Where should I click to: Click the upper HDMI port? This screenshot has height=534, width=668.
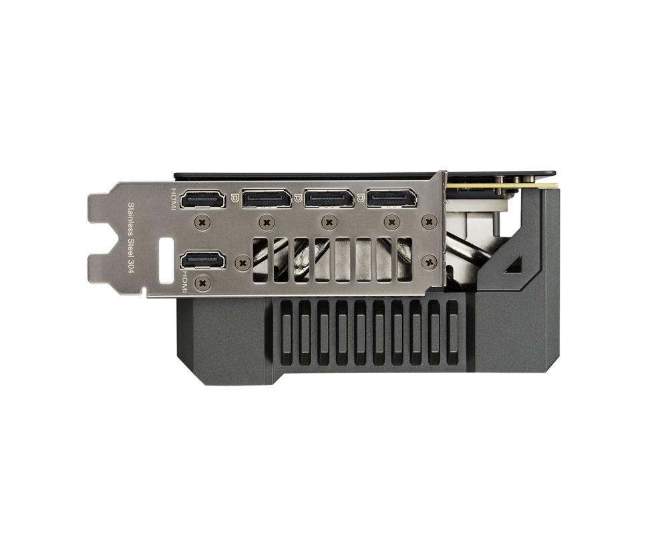[203, 200]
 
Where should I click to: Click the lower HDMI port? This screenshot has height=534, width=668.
[203, 260]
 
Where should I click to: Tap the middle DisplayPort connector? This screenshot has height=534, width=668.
[329, 198]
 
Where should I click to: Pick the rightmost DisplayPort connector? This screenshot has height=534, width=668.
[392, 198]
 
